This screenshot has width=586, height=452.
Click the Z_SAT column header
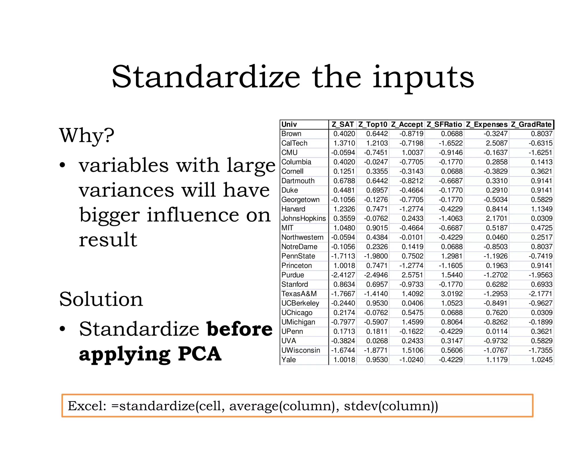tap(343, 125)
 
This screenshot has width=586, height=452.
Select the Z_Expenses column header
tap(486, 125)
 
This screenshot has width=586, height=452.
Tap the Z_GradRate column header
tap(531, 125)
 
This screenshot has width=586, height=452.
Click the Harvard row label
tap(293, 209)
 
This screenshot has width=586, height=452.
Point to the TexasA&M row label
tap(299, 294)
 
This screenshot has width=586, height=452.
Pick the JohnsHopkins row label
tap(304, 219)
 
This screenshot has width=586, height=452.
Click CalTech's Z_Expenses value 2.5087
tap(497, 143)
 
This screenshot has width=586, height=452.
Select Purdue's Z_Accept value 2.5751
tap(412, 275)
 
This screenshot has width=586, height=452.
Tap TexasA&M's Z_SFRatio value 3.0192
tap(452, 294)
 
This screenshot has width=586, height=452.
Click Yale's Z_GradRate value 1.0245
tap(542, 360)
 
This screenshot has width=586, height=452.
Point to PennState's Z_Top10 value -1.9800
tap(376, 256)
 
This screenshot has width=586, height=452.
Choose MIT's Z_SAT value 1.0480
tap(344, 228)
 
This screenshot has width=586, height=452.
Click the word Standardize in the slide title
tap(206, 77)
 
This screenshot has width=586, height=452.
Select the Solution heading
tap(101, 299)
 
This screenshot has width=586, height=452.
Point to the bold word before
tap(239, 329)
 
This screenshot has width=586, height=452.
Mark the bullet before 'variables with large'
tap(63, 166)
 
